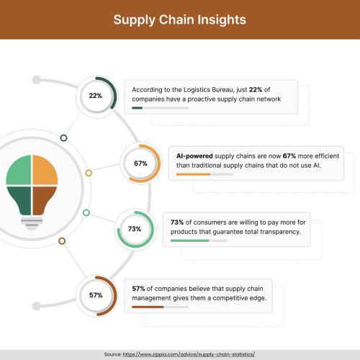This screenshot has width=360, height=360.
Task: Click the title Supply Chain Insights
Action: pos(180,19)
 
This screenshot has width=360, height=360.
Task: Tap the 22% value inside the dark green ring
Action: pos(96,96)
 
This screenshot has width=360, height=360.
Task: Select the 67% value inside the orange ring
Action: pos(140,163)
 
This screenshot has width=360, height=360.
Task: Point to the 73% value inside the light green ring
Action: pos(135,229)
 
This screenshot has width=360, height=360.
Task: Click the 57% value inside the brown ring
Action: pos(96,295)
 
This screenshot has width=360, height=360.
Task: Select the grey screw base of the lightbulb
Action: pos(32,223)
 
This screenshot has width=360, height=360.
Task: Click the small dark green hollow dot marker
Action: pos(63,138)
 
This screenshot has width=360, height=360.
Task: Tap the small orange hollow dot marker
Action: pos(89,173)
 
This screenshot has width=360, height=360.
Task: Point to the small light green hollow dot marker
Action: pos(86,212)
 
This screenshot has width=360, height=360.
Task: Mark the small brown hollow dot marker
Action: pos(62,241)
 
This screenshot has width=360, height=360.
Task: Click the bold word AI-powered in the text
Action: pos(194,156)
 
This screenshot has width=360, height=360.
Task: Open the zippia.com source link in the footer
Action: pos(189,354)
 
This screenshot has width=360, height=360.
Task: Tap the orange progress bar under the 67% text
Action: pos(193,174)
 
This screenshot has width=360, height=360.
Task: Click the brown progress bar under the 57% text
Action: pos(148,307)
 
